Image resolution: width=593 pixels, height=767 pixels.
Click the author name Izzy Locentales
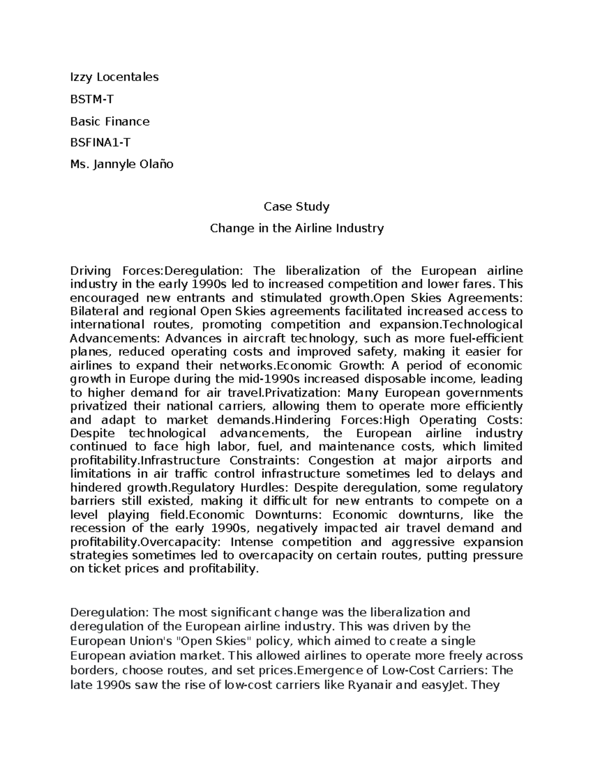114,77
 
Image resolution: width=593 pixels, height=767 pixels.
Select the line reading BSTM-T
92,99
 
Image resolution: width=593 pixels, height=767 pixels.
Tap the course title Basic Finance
110,121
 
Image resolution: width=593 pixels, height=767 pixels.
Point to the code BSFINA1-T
101,143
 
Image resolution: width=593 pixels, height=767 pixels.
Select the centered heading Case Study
296,206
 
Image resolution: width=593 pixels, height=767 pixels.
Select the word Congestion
341,461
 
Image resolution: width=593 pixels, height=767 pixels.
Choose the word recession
97,528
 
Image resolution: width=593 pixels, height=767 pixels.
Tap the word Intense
252,542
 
